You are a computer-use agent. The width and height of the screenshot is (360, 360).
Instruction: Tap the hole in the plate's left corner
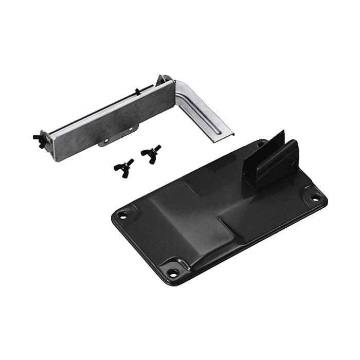tap(122, 215)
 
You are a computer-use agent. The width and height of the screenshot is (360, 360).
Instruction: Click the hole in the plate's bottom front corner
tap(173, 272)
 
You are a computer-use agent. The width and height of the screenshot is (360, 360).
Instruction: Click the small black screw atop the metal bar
tap(137, 92)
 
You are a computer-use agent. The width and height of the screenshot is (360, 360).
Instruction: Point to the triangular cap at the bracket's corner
tap(165, 80)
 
